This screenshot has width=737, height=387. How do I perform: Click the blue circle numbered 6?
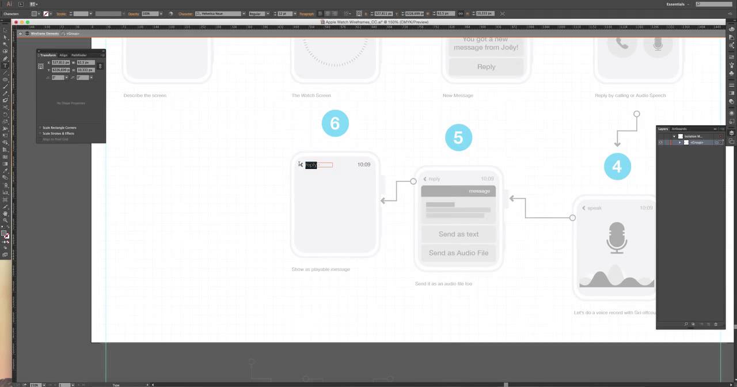335,123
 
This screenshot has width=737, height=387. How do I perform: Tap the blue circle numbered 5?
458,137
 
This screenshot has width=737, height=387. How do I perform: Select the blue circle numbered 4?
617,166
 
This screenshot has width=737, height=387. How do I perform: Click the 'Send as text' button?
458,234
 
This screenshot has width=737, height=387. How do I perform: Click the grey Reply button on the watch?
486,67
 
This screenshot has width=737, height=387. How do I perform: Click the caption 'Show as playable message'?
321,269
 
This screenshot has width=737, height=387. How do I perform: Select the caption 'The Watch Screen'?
311,96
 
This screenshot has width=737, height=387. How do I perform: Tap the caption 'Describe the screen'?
145,96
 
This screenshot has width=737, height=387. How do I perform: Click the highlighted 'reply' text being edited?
311,165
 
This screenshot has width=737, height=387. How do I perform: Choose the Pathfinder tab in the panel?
79,55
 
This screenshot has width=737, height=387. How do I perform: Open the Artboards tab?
679,129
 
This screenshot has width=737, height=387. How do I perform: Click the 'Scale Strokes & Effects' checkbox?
40,134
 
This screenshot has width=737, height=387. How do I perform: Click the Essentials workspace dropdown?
677,4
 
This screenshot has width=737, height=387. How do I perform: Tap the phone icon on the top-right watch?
622,44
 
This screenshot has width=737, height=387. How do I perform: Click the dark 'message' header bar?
458,191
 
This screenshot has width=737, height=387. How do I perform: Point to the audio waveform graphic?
616,278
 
